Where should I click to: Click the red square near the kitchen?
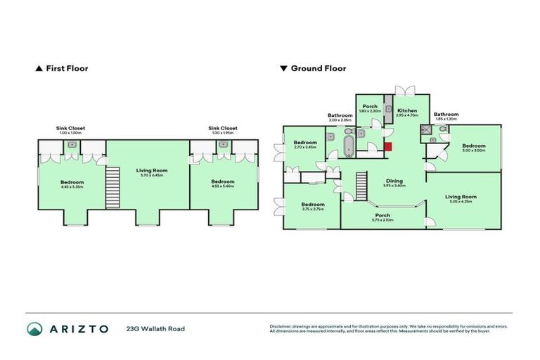click(x=388, y=146)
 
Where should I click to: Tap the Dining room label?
click(x=394, y=181)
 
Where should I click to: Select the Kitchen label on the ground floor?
click(x=407, y=110)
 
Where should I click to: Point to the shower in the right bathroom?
click(x=425, y=130)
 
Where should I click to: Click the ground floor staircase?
click(x=362, y=186)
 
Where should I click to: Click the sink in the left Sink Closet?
click(x=72, y=143)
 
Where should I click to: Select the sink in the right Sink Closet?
click(x=223, y=143)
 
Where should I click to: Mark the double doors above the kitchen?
click(x=404, y=91)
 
